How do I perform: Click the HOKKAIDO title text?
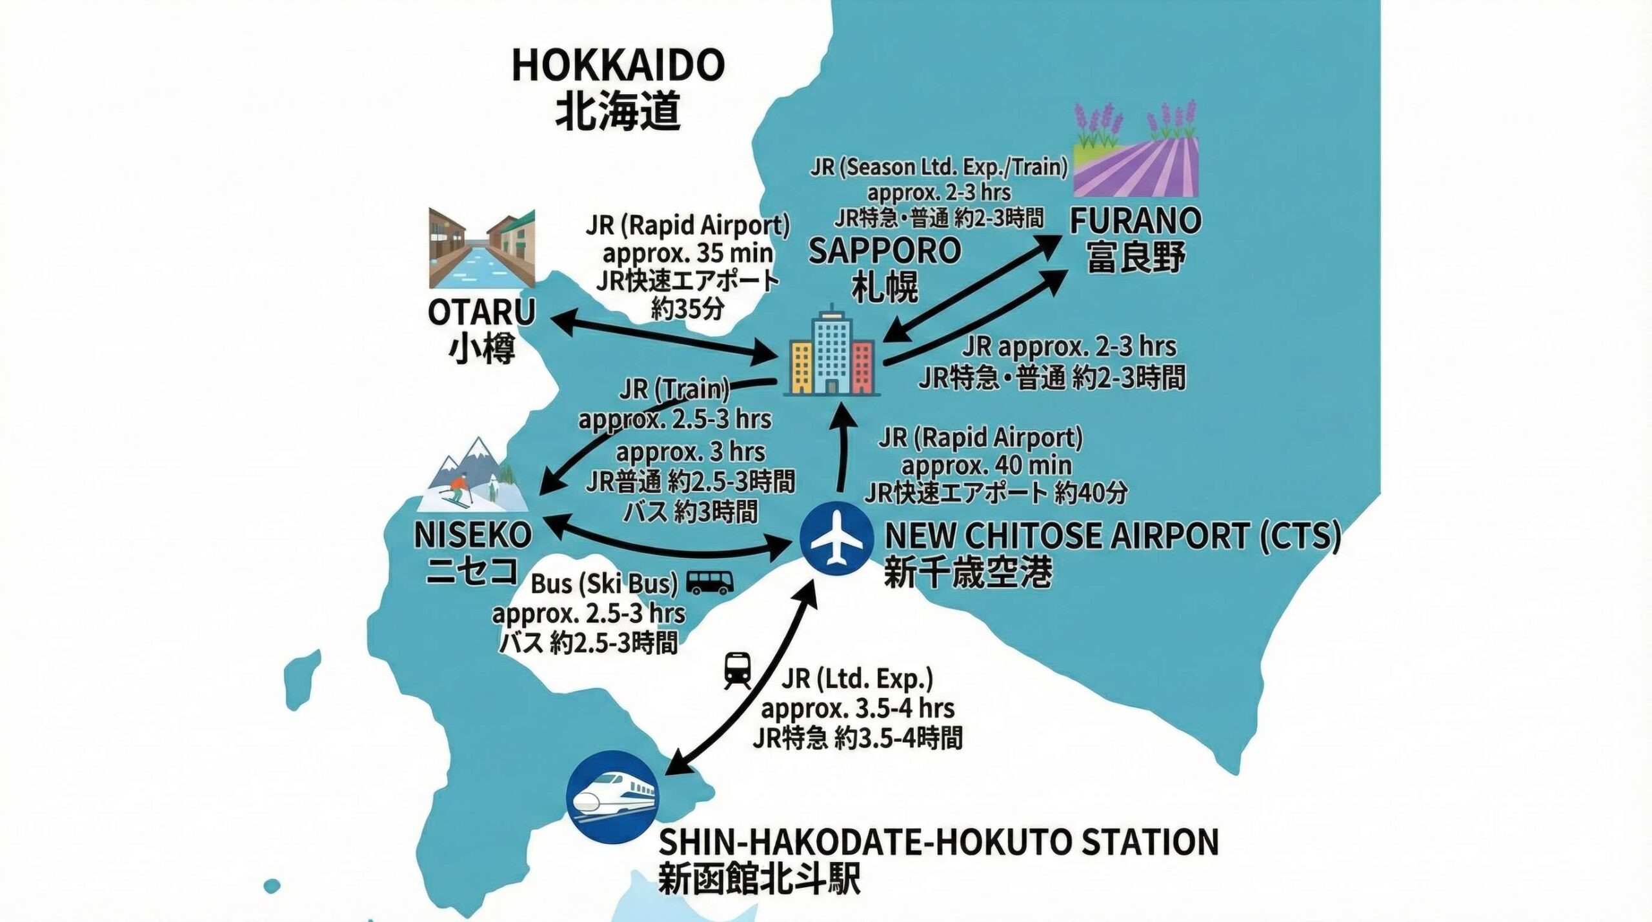coord(618,65)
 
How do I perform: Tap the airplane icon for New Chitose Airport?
coord(836,538)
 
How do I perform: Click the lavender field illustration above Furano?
coord(1136,151)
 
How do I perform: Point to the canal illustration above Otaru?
coord(481,248)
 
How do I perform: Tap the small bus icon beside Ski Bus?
coord(710,582)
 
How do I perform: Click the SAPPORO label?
coord(884,250)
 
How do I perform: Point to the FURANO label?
coord(1135,221)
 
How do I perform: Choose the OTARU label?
coord(481,313)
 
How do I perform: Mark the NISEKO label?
coord(472,536)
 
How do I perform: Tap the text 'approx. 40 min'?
coord(986,465)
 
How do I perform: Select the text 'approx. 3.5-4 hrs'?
coord(857,708)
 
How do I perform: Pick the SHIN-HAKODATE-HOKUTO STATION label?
coord(938,841)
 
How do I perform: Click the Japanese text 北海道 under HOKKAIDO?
coord(618,111)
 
